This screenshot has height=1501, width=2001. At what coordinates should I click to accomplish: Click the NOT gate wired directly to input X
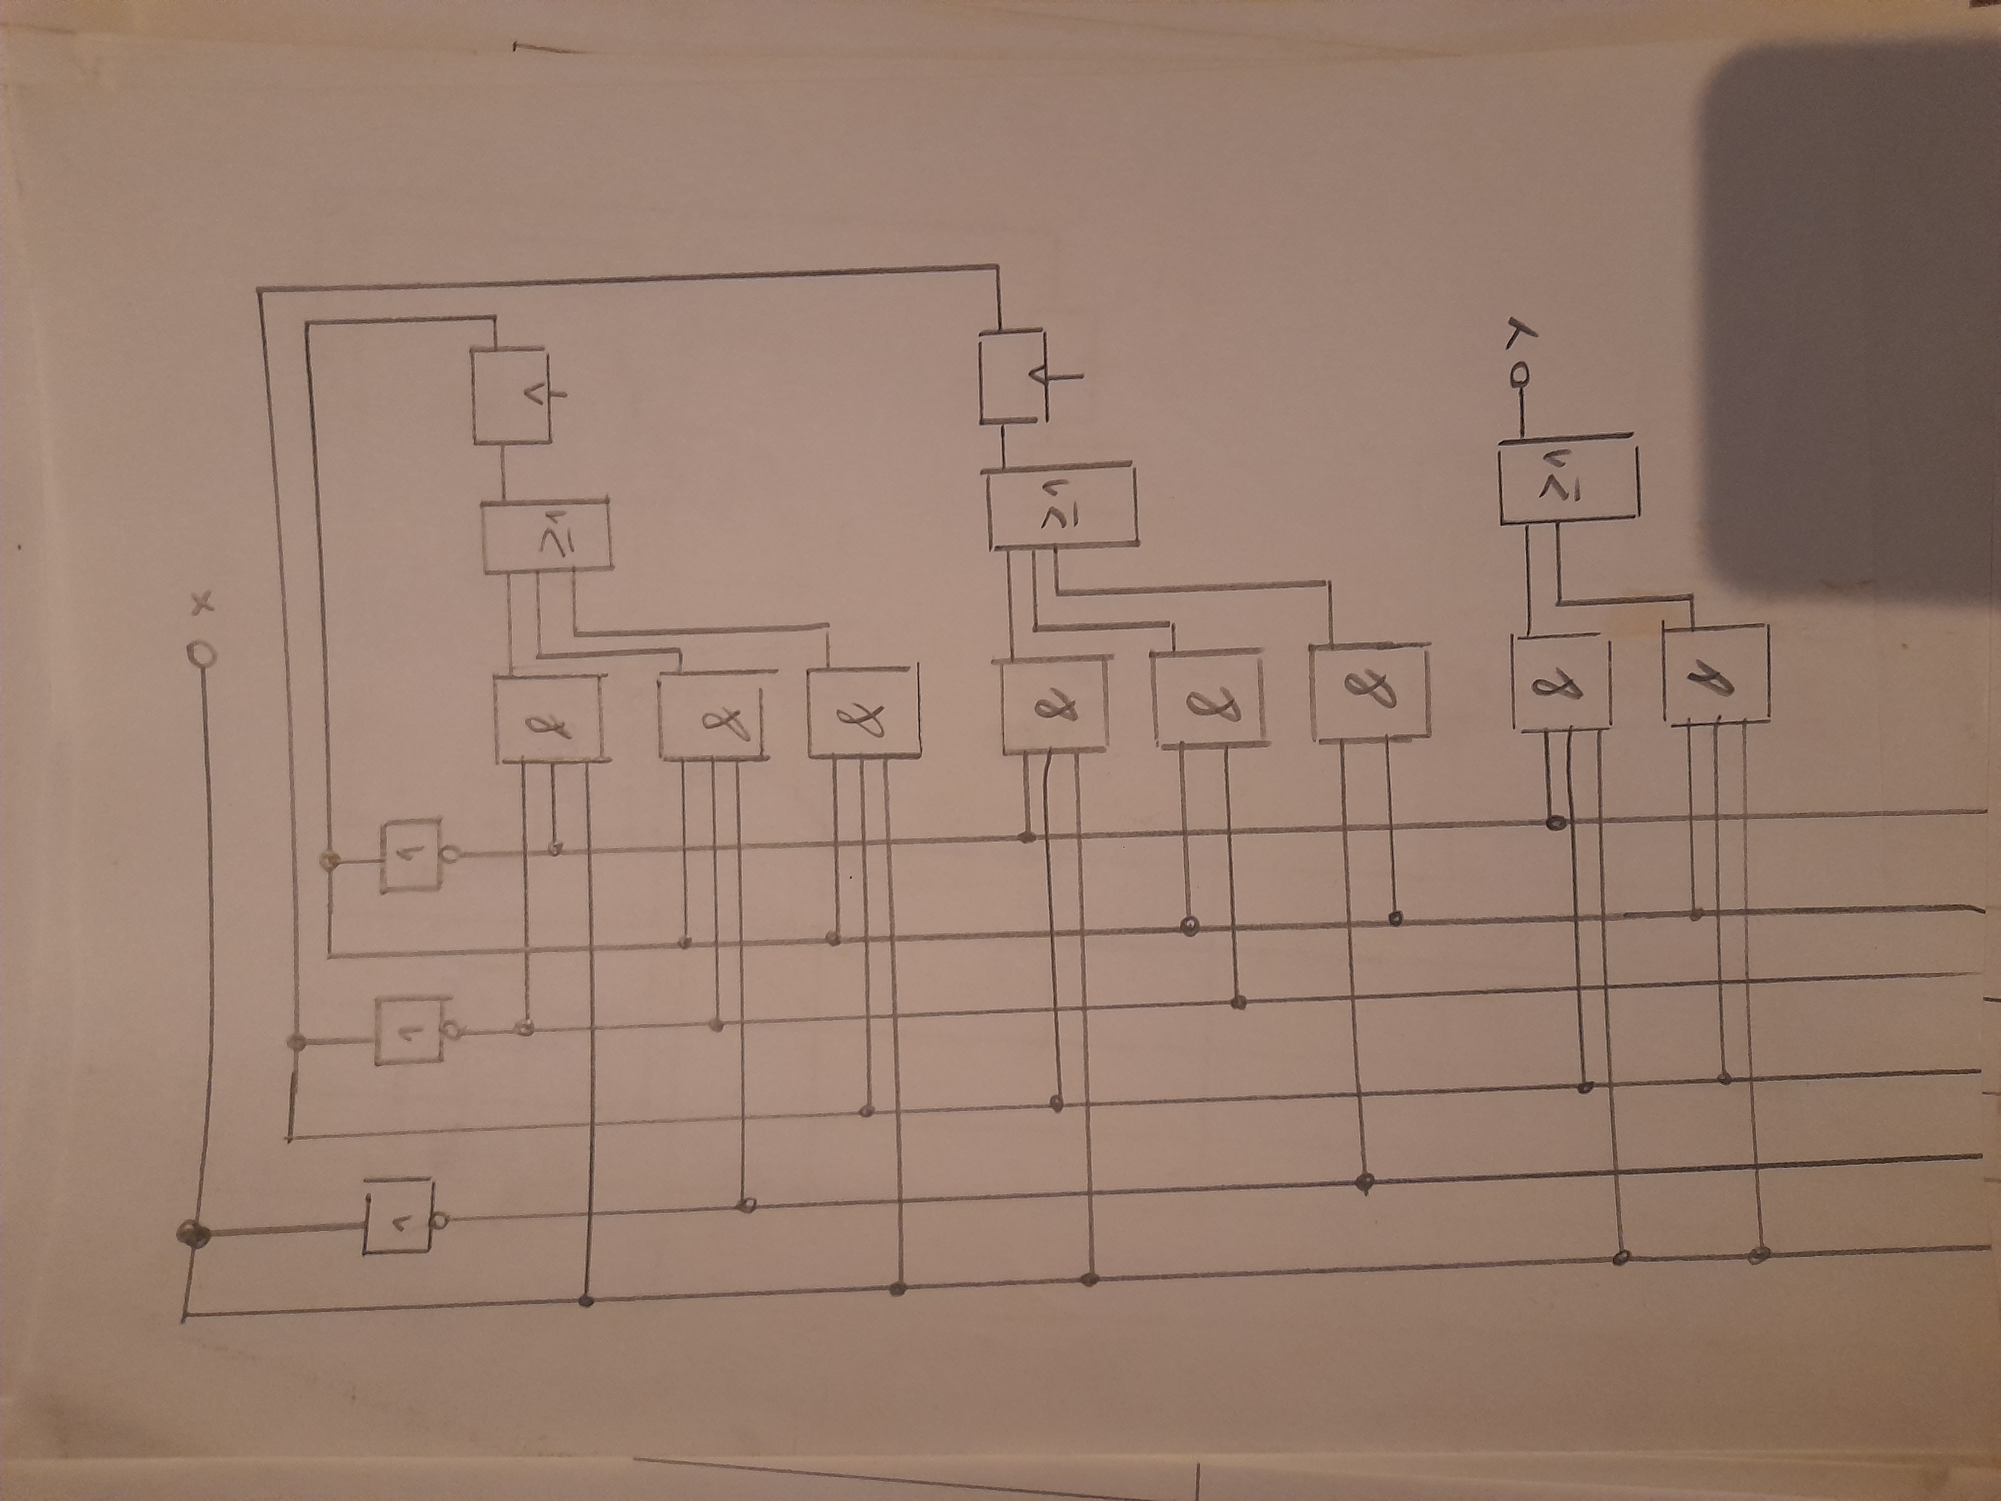(x=398, y=1217)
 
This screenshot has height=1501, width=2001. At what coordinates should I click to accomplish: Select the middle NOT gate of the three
(x=409, y=1031)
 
